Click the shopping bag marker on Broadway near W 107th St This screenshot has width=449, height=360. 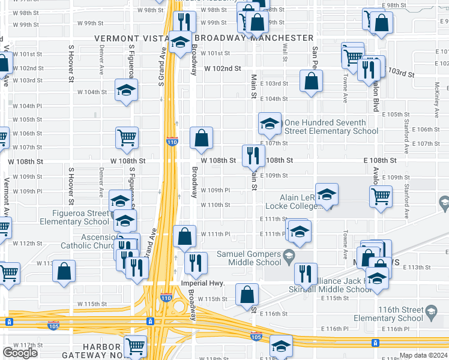[x=202, y=137]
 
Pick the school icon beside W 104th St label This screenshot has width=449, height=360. [x=126, y=89]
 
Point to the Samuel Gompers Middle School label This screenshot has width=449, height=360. [x=249, y=258]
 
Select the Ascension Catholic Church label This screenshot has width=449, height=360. [x=90, y=241]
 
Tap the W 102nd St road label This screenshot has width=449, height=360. [x=222, y=69]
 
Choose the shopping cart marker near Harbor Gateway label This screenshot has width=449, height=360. [x=136, y=346]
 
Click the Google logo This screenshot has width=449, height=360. [x=20, y=353]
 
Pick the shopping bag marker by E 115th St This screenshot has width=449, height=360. [x=247, y=293]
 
